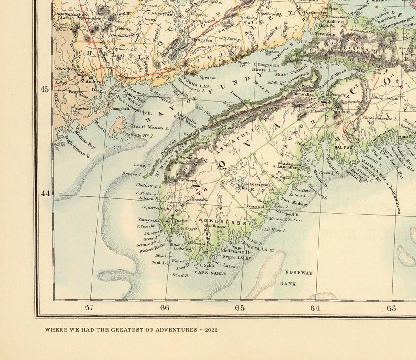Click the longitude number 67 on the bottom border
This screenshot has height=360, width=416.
point(89,308)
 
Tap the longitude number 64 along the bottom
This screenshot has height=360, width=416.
point(315,308)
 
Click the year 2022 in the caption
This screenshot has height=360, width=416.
point(209,330)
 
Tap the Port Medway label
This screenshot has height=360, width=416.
point(294,204)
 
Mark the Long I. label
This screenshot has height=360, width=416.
point(140,165)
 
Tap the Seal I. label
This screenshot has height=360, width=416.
point(159,262)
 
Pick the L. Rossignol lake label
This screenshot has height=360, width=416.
point(259,184)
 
